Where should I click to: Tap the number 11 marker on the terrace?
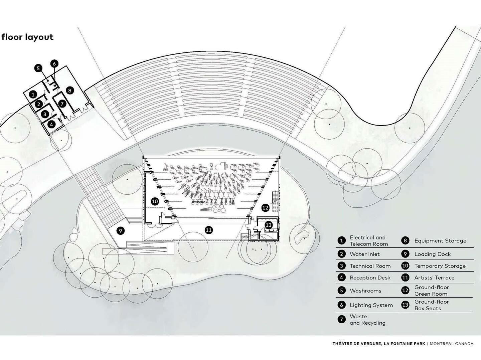click(209, 230)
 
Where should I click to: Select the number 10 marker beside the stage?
click(155, 201)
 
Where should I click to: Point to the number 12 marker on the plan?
click(265, 207)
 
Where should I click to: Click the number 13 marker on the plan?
click(269, 225)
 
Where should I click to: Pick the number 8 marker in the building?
click(69, 90)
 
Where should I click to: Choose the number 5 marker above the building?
click(38, 68)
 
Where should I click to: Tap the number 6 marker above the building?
click(54, 63)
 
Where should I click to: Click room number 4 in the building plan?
click(51, 125)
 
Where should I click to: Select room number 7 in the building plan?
click(62, 104)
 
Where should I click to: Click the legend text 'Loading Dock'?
click(432, 254)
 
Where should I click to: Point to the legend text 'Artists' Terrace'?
click(434, 278)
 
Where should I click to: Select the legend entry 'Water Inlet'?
click(364, 254)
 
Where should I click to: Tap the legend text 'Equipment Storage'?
click(440, 241)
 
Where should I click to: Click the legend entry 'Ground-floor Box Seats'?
click(432, 305)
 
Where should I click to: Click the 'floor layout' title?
click(27, 37)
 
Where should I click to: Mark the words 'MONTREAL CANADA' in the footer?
click(452, 344)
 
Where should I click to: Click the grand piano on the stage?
click(221, 165)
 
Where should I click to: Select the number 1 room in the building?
click(33, 95)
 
